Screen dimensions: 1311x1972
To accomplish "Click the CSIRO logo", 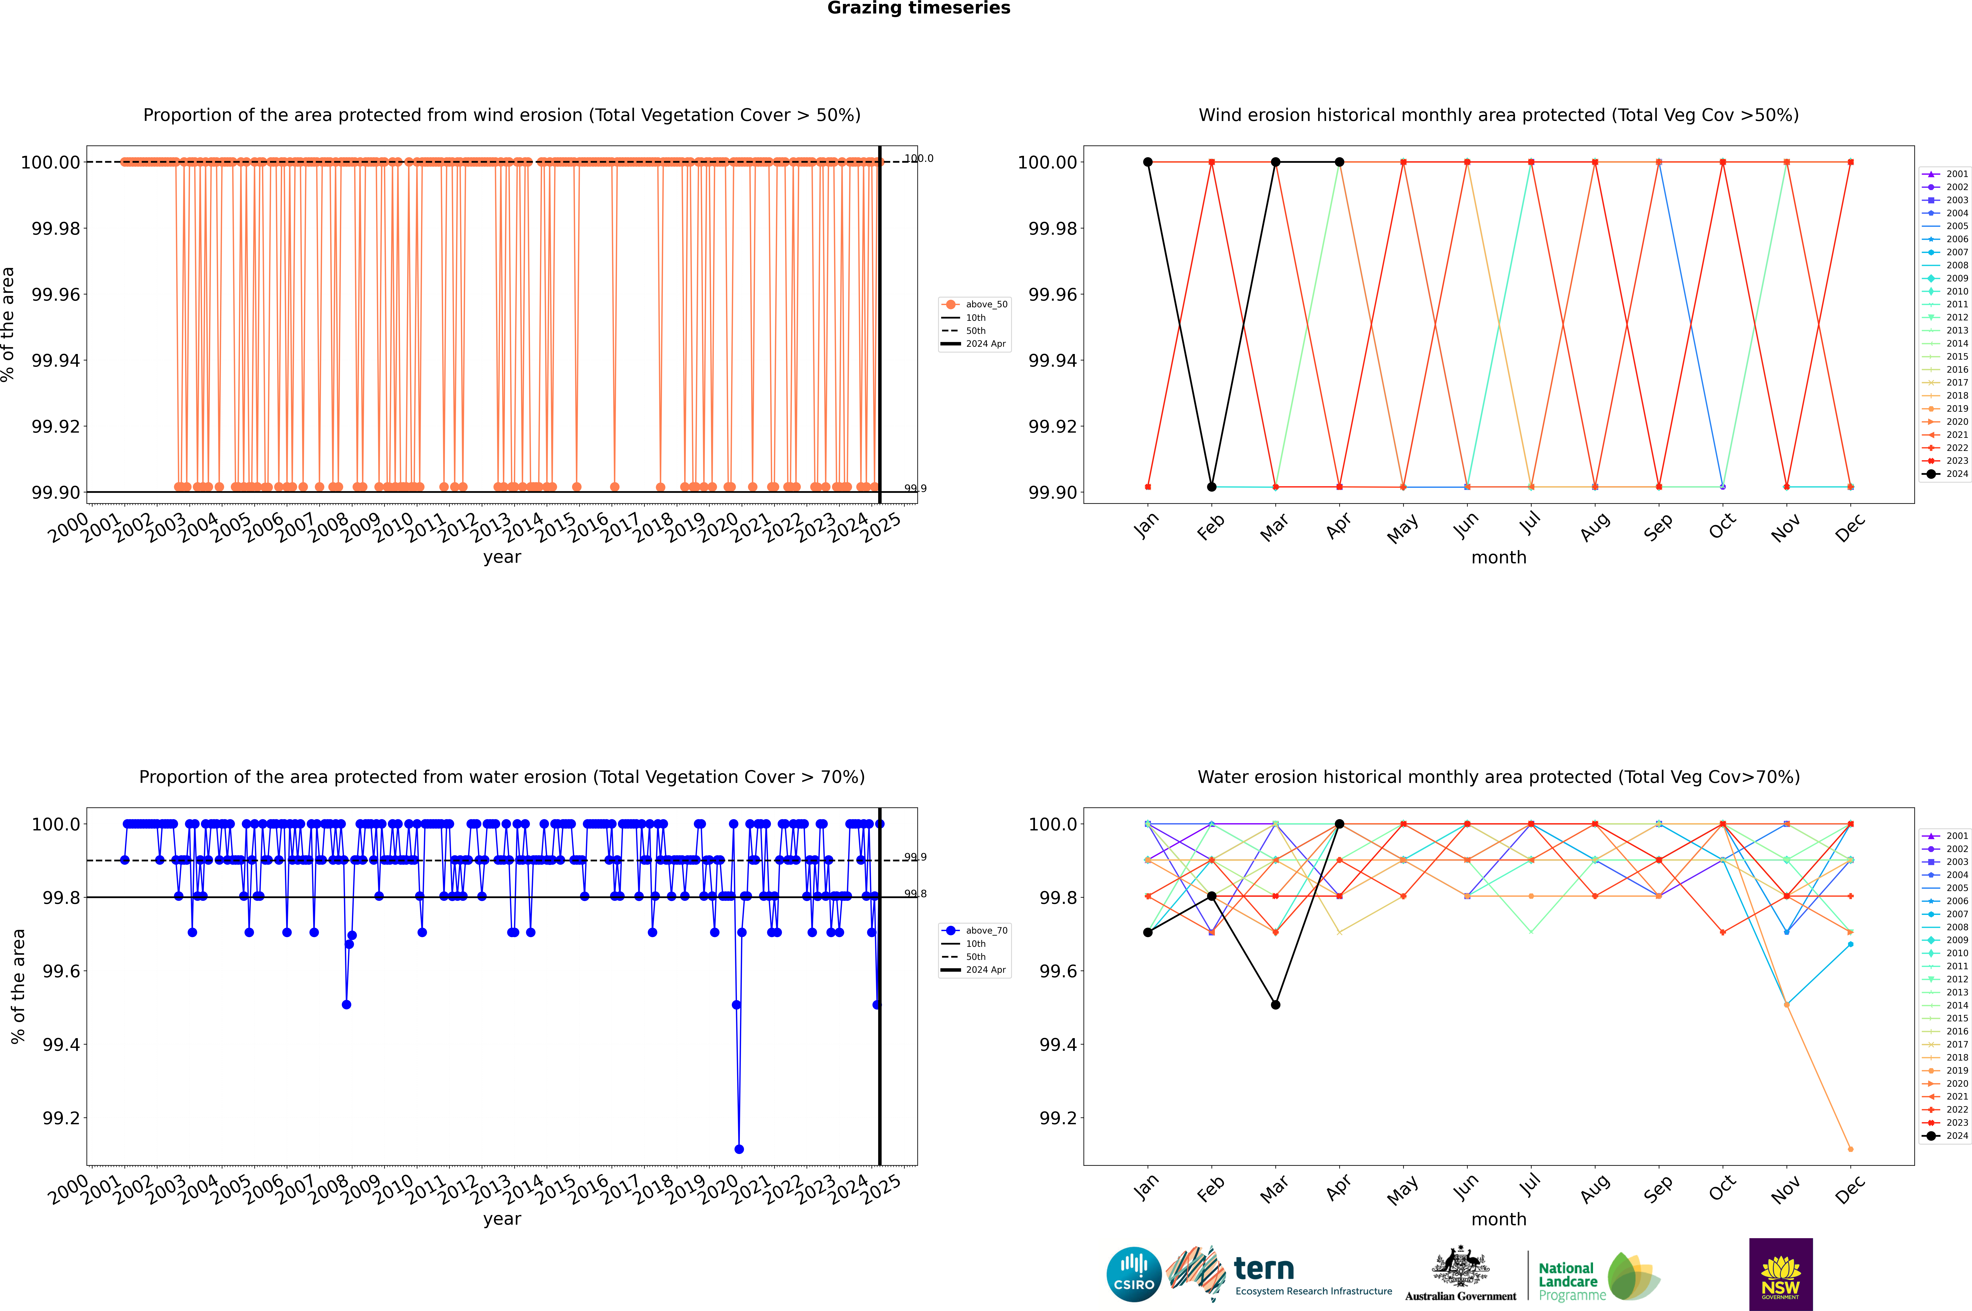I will pyautogui.click(x=1133, y=1274).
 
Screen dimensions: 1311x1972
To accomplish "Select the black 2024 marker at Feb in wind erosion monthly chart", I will pyautogui.click(x=1211, y=487).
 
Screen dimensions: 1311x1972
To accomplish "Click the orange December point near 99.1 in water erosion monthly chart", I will pyautogui.click(x=1850, y=1149).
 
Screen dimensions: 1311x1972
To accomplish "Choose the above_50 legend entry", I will pyautogui.click(x=975, y=304).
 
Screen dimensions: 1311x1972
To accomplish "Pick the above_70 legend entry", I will pyautogui.click(x=975, y=931).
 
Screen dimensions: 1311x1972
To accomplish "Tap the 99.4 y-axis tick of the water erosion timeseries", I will pyautogui.click(x=61, y=1044).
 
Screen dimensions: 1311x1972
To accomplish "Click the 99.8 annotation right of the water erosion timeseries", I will pyautogui.click(x=915, y=894).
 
